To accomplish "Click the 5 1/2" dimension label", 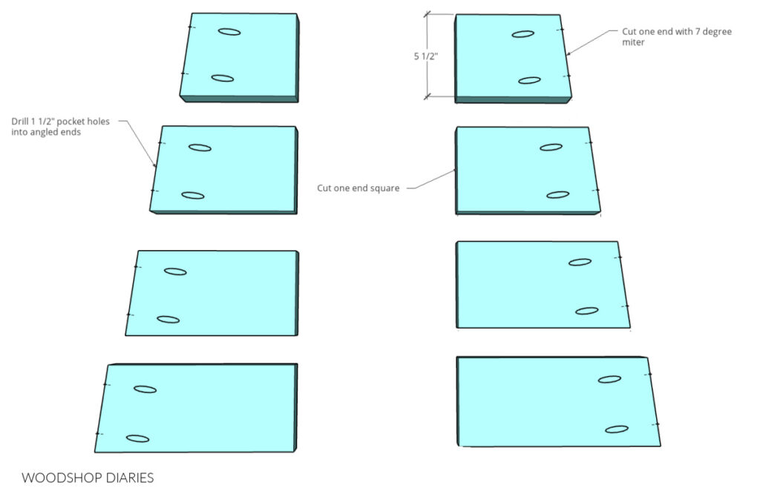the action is [x=425, y=56].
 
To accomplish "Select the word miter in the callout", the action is [x=633, y=42].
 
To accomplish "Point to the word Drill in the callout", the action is [x=20, y=122].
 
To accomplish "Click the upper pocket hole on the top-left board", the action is [x=229, y=32].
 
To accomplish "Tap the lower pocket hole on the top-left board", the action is [x=223, y=79].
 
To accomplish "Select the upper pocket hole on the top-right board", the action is [x=523, y=34].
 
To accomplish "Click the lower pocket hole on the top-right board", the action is [x=529, y=80].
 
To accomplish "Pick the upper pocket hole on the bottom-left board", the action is [x=145, y=389].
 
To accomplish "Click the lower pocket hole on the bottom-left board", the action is [x=137, y=439].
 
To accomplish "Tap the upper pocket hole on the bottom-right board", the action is [x=610, y=379].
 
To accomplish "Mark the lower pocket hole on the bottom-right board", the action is [x=617, y=429].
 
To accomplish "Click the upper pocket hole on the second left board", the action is [x=200, y=148].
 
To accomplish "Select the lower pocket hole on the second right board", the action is [x=558, y=195].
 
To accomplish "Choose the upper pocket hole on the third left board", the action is [x=175, y=271].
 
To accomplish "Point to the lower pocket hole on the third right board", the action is [x=587, y=311].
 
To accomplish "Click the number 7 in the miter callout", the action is [x=698, y=31].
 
